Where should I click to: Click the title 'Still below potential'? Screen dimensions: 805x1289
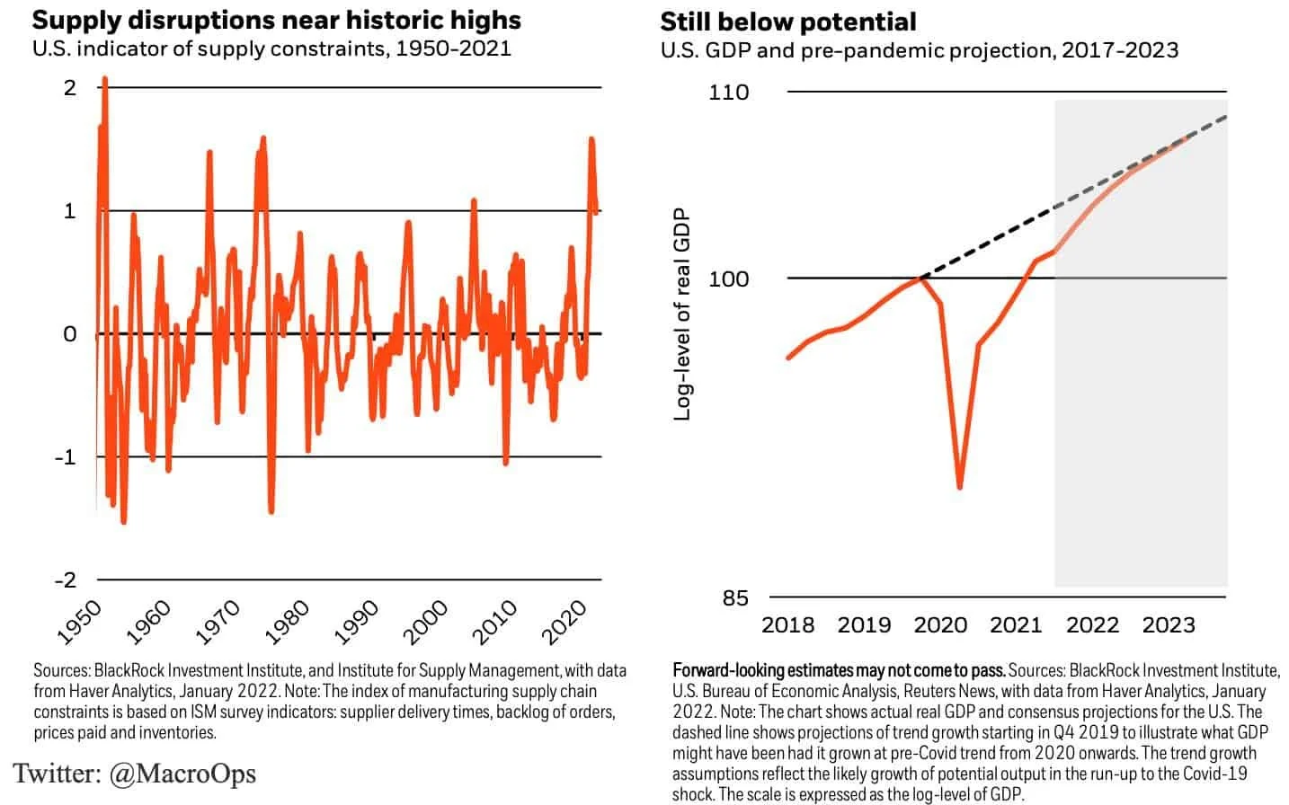788,22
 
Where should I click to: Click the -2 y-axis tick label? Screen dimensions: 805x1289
66,579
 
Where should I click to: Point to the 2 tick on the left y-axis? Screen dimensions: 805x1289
70,87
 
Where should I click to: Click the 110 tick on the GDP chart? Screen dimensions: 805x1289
728,93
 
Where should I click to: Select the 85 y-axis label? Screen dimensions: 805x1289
734,597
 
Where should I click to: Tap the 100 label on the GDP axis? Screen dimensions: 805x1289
728,279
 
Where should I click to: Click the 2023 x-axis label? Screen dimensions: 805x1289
1169,624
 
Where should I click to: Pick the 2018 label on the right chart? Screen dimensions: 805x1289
787,624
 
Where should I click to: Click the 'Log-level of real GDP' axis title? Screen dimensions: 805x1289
682,314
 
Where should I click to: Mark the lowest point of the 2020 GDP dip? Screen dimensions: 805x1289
960,487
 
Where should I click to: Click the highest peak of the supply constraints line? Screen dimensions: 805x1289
105,79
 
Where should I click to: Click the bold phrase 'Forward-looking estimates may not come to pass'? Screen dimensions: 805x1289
839,670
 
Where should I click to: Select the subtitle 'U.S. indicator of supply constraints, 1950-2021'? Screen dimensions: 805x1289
271,48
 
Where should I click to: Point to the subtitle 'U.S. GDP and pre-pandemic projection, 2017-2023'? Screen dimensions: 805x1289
919,50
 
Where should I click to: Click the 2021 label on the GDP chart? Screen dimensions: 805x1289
1016,624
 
